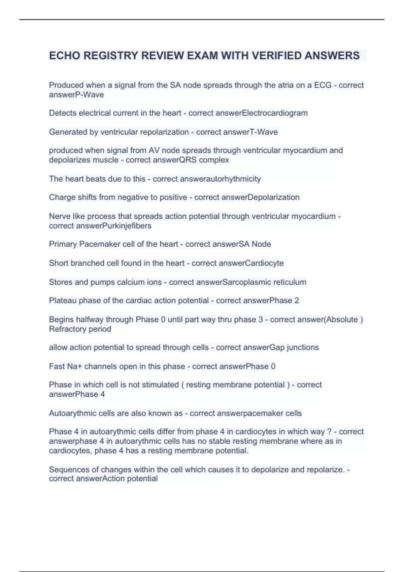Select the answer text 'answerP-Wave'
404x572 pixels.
pos(76,95)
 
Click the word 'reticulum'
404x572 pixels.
pos(290,282)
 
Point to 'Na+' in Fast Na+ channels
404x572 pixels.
pos(74,366)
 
